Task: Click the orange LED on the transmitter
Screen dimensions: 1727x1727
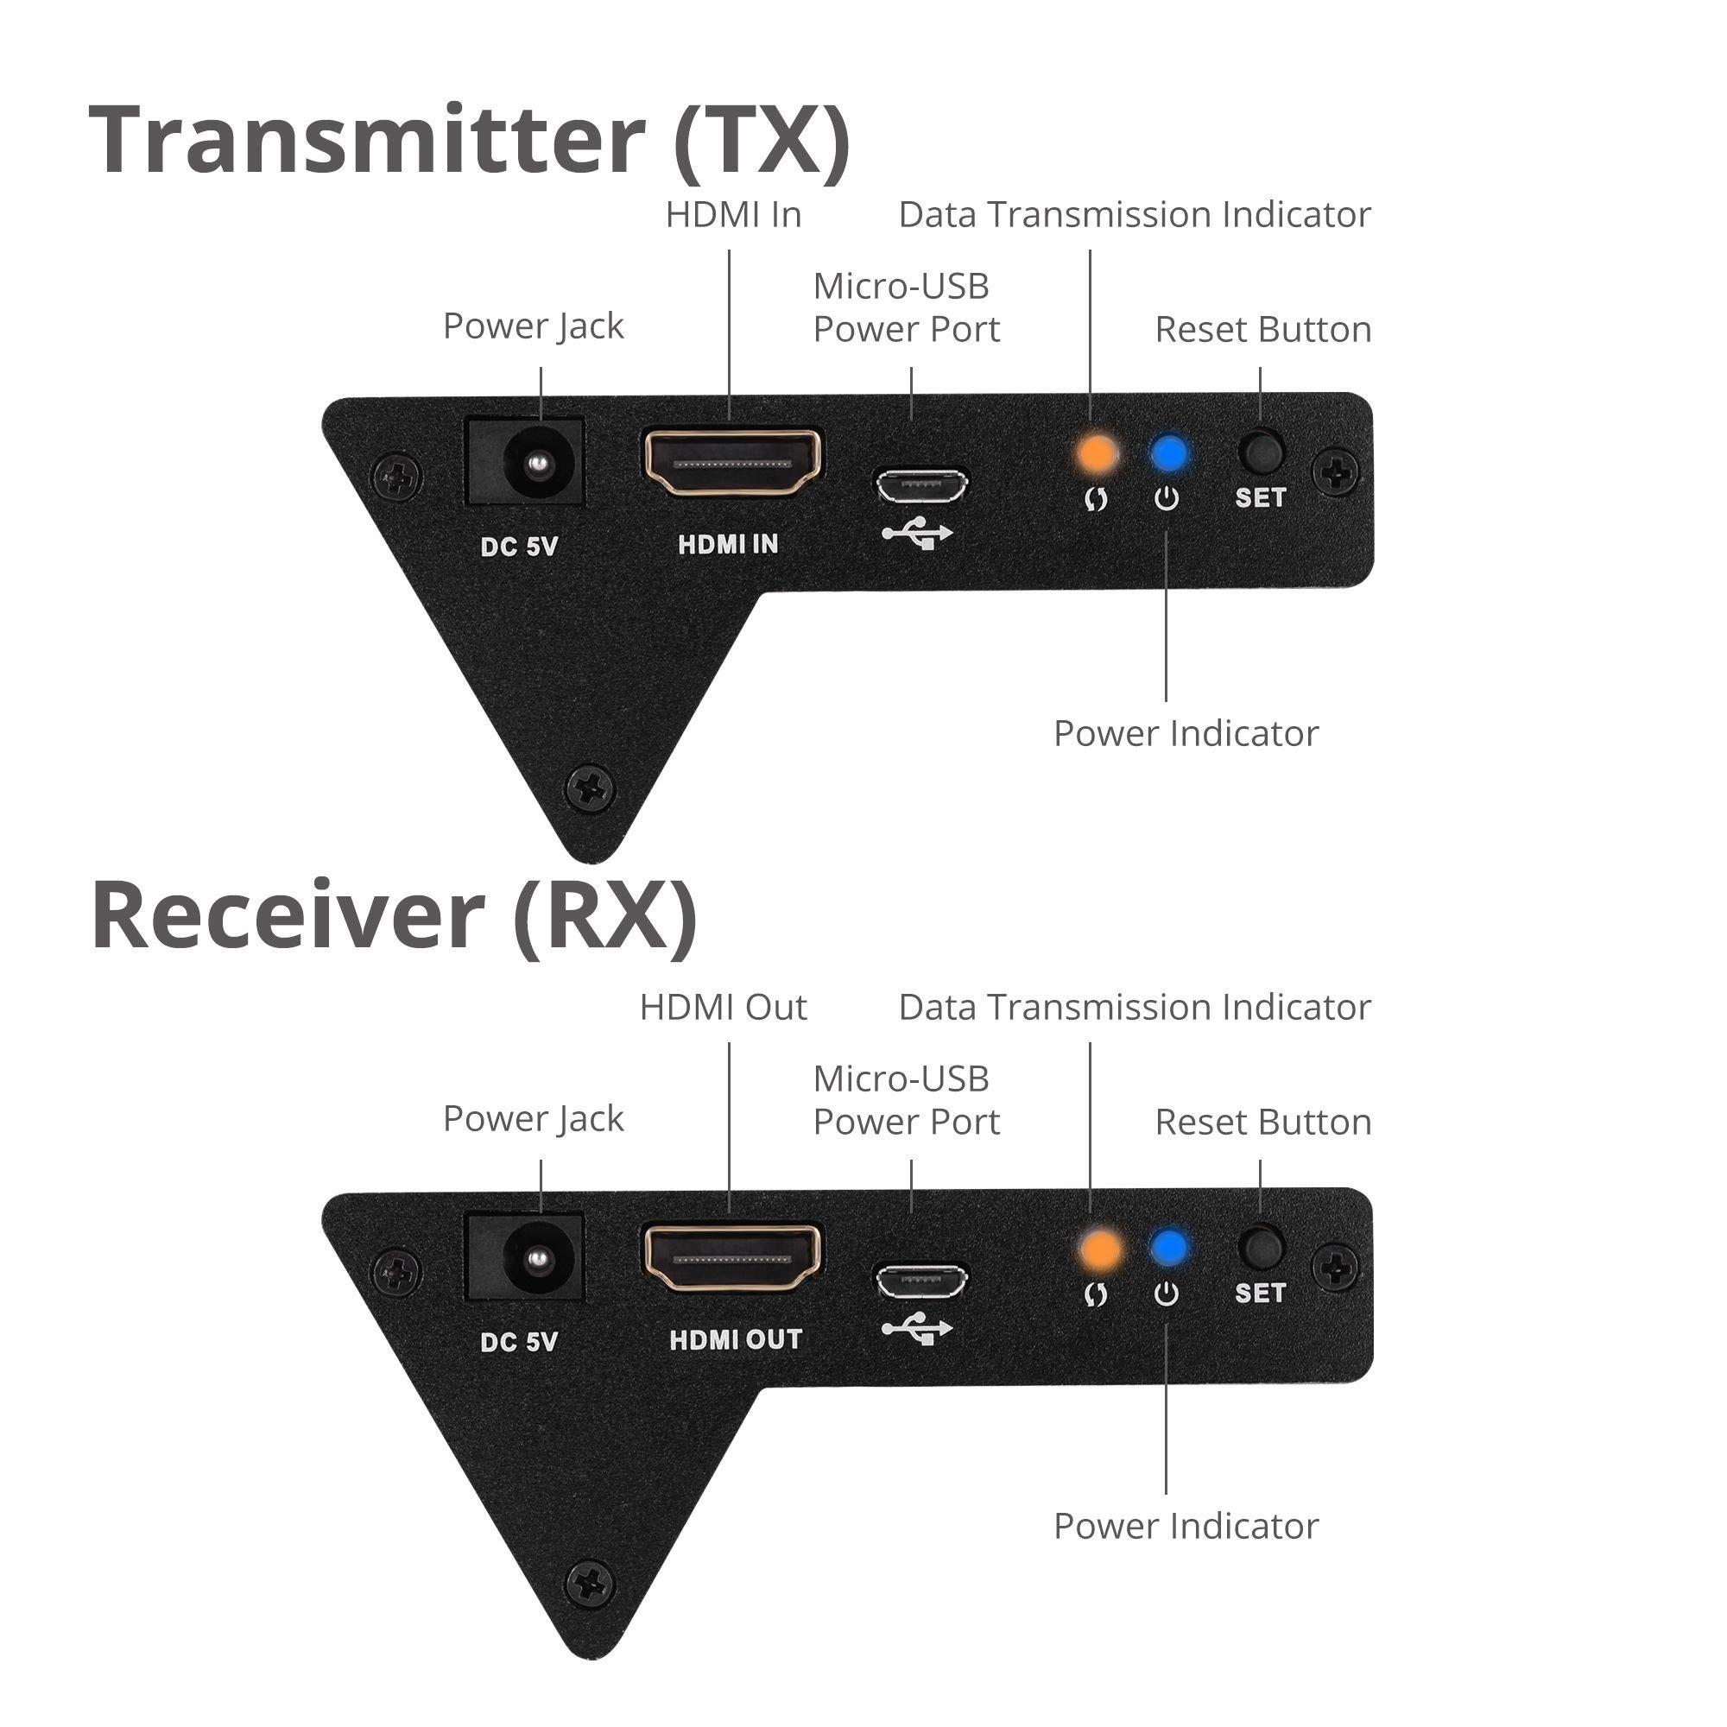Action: [1097, 454]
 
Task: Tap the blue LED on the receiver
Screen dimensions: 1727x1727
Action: [1168, 1248]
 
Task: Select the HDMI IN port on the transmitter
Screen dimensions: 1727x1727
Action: [733, 462]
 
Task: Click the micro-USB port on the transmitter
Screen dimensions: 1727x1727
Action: [920, 486]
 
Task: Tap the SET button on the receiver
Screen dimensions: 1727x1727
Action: [1261, 1247]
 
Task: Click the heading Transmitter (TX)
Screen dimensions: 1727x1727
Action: [469, 141]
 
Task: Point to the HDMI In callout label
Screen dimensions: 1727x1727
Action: [733, 214]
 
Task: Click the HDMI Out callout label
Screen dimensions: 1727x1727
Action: [723, 1008]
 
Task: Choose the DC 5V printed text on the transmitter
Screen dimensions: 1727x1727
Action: [518, 545]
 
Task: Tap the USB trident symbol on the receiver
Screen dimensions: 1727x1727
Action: [917, 1329]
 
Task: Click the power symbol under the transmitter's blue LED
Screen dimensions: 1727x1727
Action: [1167, 499]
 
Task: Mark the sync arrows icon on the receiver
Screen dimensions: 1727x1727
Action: [1096, 1294]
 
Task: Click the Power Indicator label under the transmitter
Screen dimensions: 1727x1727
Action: [1186, 734]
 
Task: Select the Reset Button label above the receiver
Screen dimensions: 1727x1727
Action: [1262, 1122]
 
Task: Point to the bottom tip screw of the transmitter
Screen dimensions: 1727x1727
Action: [591, 788]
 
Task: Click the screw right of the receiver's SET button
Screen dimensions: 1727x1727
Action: [1337, 1266]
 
